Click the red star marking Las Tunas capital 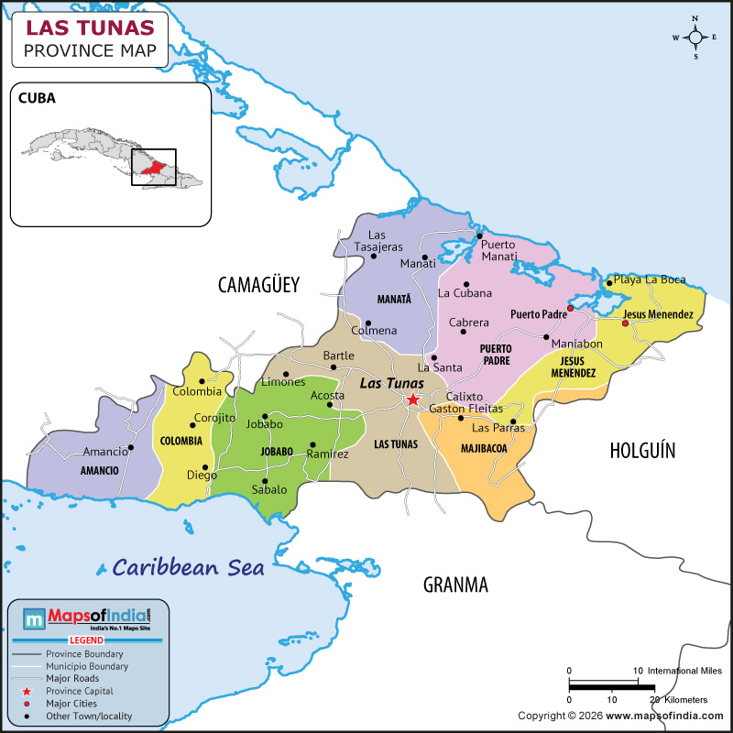tap(413, 399)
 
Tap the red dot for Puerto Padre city tap(570, 310)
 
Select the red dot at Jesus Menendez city tap(625, 323)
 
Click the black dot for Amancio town tap(131, 447)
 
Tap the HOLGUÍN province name tap(641, 449)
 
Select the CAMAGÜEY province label tap(258, 285)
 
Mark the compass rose tap(695, 38)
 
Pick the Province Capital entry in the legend tap(82, 691)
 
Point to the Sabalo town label tap(268, 490)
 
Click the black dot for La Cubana tap(466, 284)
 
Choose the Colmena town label tap(374, 331)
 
